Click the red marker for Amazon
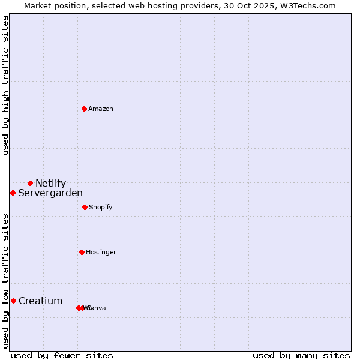click(85, 109)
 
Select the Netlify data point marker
click(30, 183)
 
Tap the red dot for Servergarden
click(13, 193)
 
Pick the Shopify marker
click(85, 207)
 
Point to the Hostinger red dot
click(82, 252)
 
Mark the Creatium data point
click(13, 301)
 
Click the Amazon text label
click(101, 109)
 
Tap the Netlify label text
click(50, 184)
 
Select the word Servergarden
click(50, 193)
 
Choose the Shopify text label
click(100, 207)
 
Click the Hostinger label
click(101, 252)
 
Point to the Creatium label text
click(40, 301)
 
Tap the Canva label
click(97, 308)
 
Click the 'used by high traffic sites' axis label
click(5, 85)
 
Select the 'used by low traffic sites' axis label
click(5, 281)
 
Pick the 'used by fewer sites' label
click(62, 355)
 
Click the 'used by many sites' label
click(301, 355)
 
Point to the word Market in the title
click(38, 5)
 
